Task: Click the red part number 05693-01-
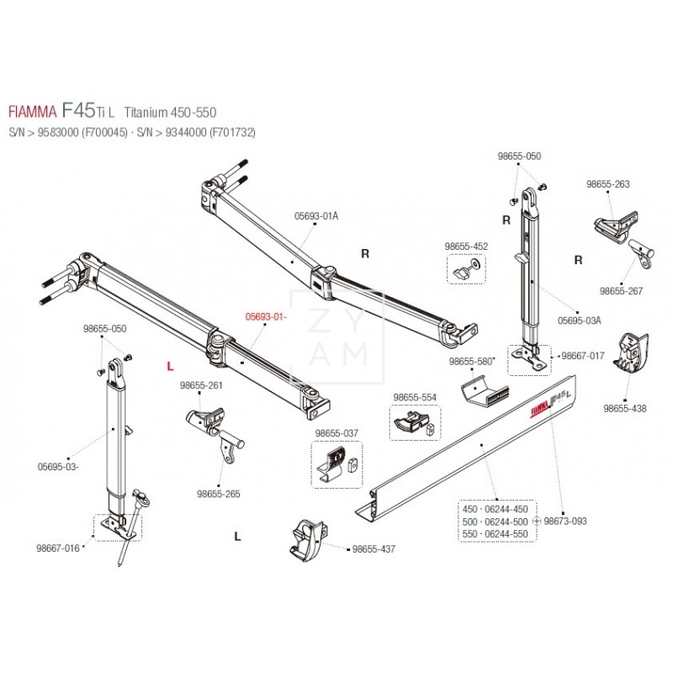coord(266,317)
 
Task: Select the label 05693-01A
coord(316,215)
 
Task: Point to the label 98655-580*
coord(471,361)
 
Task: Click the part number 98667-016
coord(58,548)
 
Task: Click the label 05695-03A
coord(580,320)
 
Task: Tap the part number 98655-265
coord(218,494)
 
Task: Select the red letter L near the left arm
coord(171,366)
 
